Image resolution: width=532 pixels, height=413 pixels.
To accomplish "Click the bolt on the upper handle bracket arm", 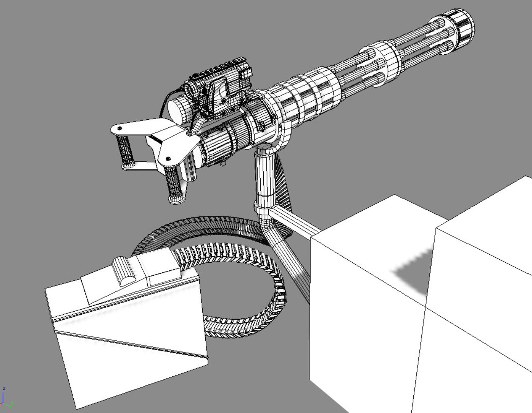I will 120,128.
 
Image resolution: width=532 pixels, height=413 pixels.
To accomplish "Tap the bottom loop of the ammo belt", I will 244,325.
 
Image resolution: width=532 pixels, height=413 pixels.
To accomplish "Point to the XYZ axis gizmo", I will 6,398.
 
